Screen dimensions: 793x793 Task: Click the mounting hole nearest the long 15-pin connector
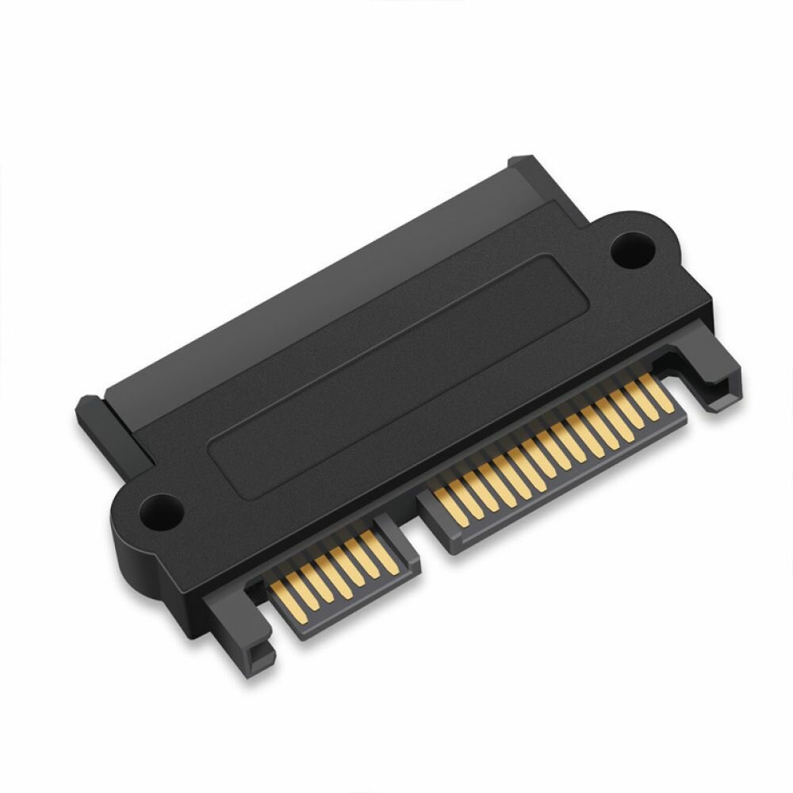[633, 249]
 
